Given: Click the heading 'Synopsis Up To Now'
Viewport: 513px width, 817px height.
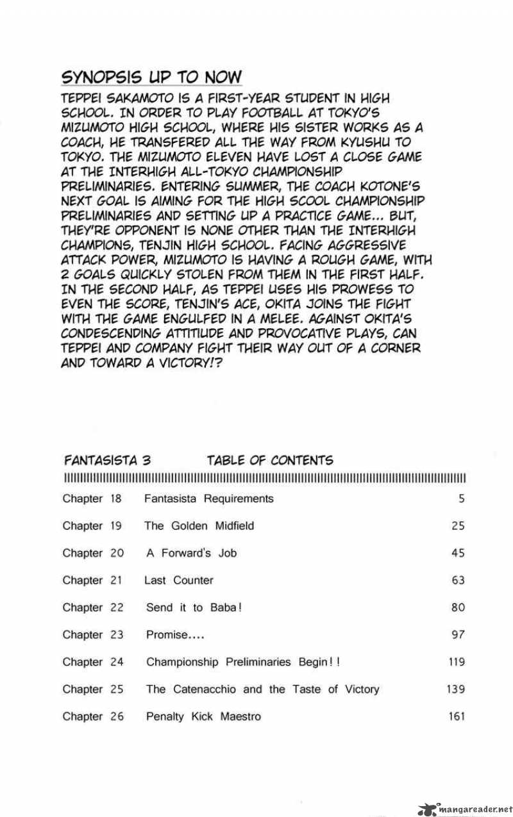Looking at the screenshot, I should coord(151,78).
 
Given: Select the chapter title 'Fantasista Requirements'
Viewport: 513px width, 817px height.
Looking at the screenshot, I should coord(209,499).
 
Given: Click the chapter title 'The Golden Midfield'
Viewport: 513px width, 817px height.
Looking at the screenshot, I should coord(199,525).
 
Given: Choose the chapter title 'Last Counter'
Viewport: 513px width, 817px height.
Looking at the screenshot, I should coord(179,581).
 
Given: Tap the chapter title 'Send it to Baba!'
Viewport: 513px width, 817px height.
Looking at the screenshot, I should coord(194,607).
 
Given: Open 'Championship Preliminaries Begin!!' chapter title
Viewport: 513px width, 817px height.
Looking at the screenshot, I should coord(243,662).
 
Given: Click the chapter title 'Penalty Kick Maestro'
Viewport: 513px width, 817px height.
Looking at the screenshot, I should coord(203,716).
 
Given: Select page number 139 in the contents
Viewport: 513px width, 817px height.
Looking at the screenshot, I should coord(455,689).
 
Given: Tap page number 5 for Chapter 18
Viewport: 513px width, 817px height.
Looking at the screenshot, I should coord(460,499).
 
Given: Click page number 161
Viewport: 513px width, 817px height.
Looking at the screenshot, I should coord(456,716).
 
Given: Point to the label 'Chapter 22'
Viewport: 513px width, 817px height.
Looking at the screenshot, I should coord(92,607).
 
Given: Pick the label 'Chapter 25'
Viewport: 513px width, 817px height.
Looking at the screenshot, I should coord(92,689).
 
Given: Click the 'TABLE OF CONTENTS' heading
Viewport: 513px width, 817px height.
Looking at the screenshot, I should coord(269,460).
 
